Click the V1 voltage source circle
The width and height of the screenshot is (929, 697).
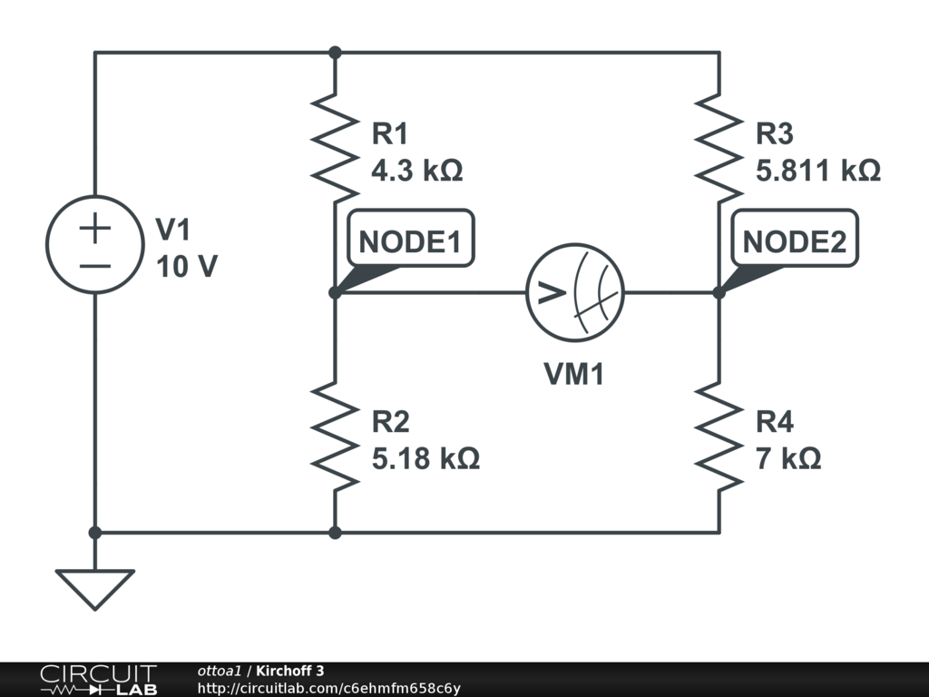(94, 244)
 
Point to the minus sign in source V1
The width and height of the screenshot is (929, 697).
(94, 266)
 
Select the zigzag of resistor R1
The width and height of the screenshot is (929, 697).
(335, 148)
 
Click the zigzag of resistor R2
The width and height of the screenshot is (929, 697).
(335, 437)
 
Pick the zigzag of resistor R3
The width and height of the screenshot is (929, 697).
(719, 148)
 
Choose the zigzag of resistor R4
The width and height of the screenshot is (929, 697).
(719, 437)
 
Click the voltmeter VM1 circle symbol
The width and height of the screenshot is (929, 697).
(574, 292)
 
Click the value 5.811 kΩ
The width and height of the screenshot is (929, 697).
(817, 171)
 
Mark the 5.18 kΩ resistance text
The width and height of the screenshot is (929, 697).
(425, 459)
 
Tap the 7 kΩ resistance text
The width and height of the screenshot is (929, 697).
(788, 459)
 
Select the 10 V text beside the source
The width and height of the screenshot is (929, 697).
(186, 268)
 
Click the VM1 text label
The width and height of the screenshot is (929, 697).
(574, 374)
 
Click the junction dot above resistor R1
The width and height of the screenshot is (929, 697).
(335, 52)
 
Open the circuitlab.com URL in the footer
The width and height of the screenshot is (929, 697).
(328, 688)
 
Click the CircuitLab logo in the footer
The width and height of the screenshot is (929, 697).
(98, 680)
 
